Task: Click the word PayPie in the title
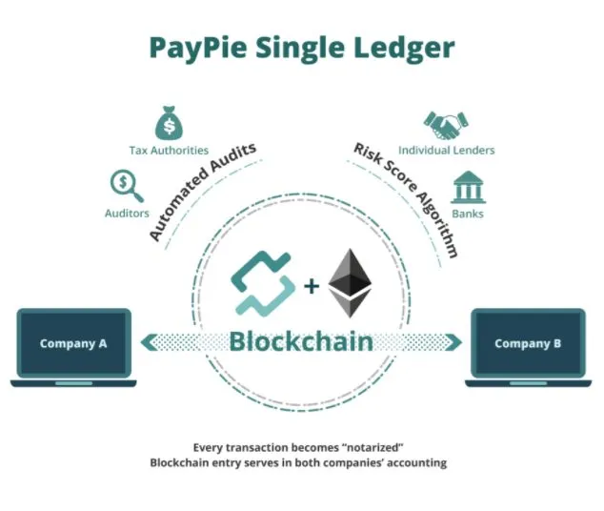point(198,48)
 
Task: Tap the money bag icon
point(170,123)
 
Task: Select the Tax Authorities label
point(169,151)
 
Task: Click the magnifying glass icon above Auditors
point(127,186)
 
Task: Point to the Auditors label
point(127,214)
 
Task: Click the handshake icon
point(446,125)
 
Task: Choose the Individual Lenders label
point(447,151)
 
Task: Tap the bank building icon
point(468,187)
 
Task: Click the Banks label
point(468,214)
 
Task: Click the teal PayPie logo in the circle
point(263,284)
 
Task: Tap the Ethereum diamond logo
point(350,283)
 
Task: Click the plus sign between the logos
point(312,286)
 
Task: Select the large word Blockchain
point(301,341)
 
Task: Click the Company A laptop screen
point(73,343)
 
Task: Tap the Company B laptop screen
point(528,343)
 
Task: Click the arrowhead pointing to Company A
point(149,342)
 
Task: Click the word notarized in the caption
point(372,448)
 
